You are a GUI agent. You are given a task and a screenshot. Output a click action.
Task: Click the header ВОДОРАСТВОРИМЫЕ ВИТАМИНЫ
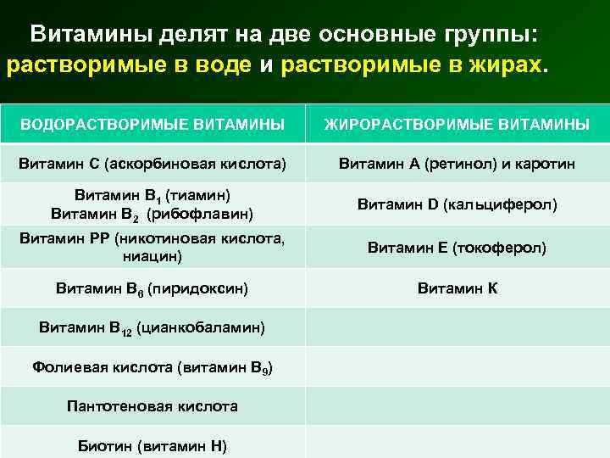(152, 125)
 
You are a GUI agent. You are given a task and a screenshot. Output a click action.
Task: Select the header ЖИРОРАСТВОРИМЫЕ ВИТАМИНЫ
(457, 125)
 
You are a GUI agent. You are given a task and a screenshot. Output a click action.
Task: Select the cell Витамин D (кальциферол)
(457, 204)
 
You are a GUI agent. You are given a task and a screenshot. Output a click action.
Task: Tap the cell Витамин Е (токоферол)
(457, 248)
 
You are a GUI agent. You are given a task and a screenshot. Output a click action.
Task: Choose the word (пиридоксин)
(197, 289)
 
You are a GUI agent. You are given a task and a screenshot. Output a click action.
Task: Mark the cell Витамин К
(457, 288)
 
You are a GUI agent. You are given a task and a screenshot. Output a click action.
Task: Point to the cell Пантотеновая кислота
(152, 406)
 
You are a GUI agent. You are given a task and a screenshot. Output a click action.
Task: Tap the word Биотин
(105, 445)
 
